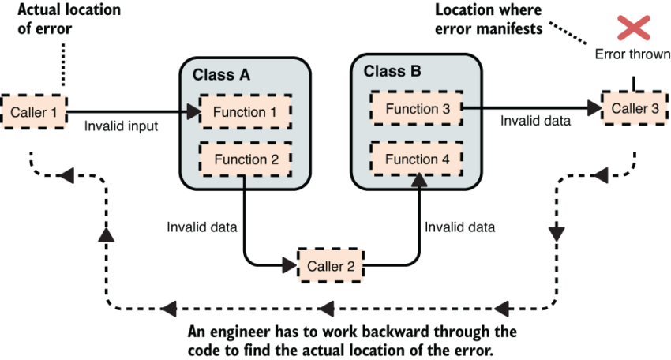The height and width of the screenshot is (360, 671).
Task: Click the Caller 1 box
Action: coord(33,112)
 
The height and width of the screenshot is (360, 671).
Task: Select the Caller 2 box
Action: coord(330,266)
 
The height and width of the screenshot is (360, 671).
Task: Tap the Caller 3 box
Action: coord(634,108)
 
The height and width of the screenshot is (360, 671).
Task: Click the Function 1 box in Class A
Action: coord(244,113)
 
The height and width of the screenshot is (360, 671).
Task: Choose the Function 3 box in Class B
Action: coord(417,108)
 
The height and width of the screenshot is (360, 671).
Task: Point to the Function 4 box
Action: coord(417,159)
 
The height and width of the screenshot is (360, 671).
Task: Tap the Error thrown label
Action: coord(632,55)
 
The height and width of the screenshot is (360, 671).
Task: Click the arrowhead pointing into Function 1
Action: coord(192,113)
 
